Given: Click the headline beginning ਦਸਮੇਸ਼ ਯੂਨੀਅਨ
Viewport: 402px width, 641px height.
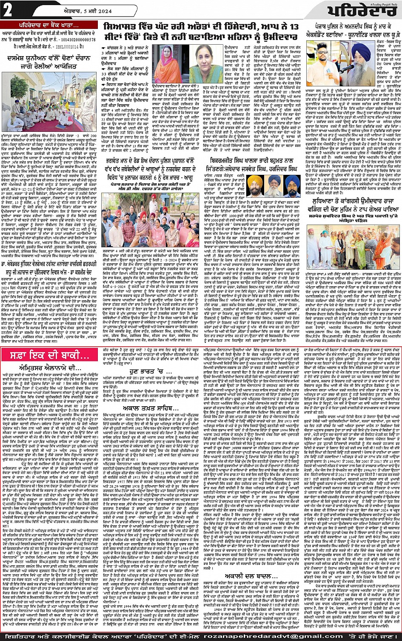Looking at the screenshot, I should click(x=50, y=56).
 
